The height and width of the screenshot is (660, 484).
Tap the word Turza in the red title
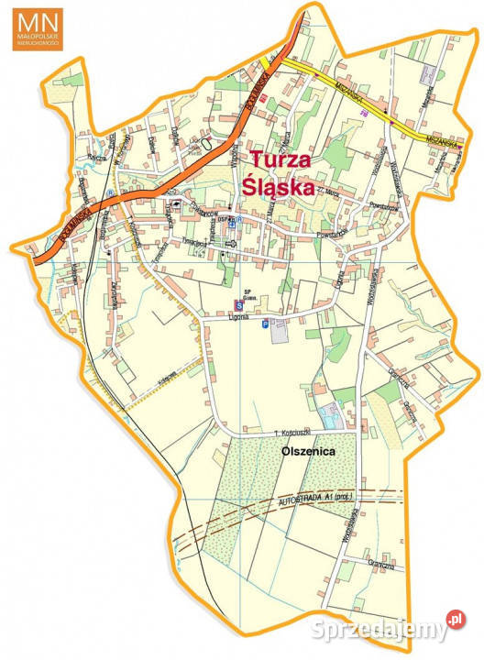(281, 159)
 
